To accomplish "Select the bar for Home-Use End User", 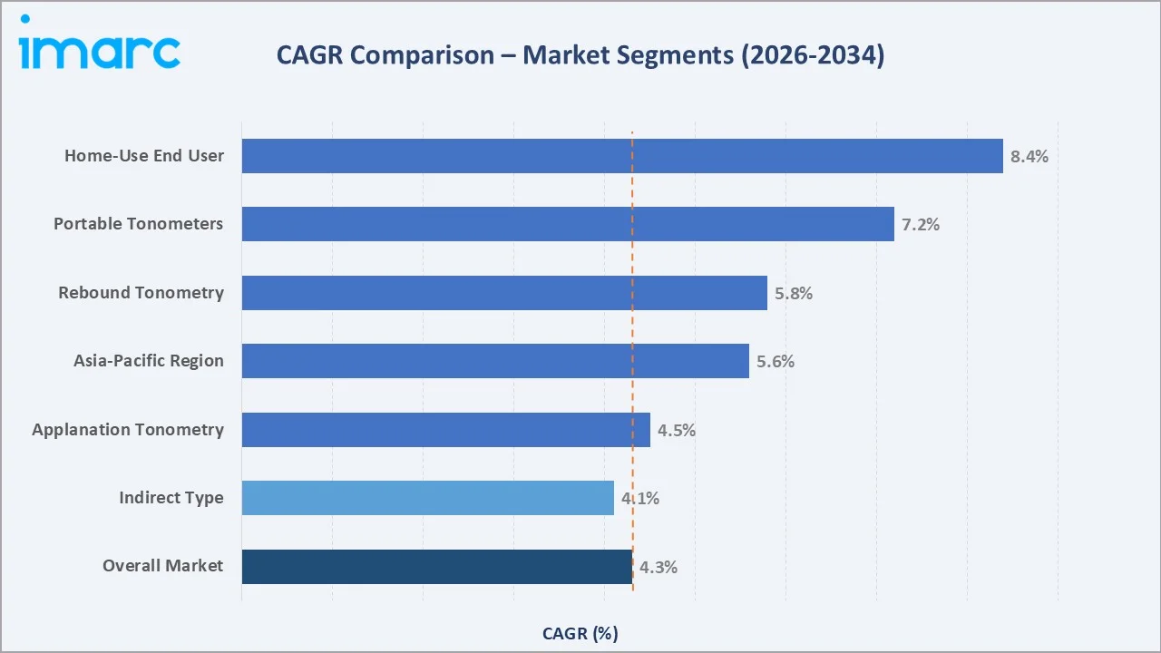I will pyautogui.click(x=622, y=156).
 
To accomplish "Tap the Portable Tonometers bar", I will pyautogui.click(x=568, y=224).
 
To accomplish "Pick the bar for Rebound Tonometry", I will pyautogui.click(x=504, y=293).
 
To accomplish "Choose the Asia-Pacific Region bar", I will pyautogui.click(x=495, y=361).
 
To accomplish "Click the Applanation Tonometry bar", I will pyautogui.click(x=445, y=430).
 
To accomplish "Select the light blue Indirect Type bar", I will pyautogui.click(x=427, y=498).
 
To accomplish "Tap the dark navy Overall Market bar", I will pyautogui.click(x=436, y=567).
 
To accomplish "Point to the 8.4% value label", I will pyautogui.click(x=1029, y=156).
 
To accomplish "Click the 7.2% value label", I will pyautogui.click(x=921, y=224).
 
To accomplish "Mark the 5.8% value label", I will pyautogui.click(x=794, y=293).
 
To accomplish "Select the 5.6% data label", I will pyautogui.click(x=776, y=361).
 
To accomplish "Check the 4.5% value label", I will pyautogui.click(x=677, y=430).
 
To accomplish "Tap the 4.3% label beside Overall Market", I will pyautogui.click(x=659, y=568).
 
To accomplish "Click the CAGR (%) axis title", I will pyautogui.click(x=580, y=633).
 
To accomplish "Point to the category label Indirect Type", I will pyautogui.click(x=171, y=498).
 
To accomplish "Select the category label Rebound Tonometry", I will pyautogui.click(x=141, y=293).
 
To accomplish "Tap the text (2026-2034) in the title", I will pyautogui.click(x=812, y=56).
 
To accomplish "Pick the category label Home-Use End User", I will pyautogui.click(x=143, y=156).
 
